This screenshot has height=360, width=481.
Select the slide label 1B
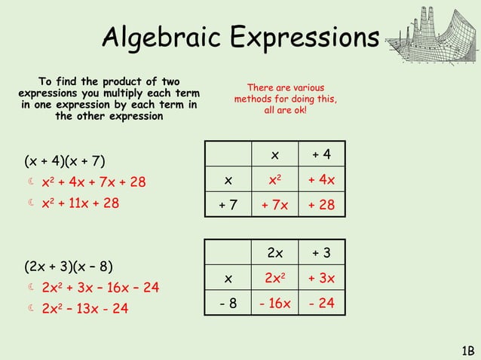tap(467, 349)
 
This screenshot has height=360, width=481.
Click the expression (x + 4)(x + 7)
tap(65, 160)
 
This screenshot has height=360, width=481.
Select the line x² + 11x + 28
tap(80, 203)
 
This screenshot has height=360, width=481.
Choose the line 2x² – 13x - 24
tap(85, 308)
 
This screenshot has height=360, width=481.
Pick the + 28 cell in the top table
tap(322, 205)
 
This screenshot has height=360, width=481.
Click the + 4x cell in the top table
tap(322, 180)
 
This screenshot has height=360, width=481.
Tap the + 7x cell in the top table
tap(274, 205)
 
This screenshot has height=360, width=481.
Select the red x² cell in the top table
tap(274, 180)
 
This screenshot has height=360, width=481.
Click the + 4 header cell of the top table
tap(322, 155)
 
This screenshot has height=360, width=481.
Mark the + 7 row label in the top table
tap(228, 205)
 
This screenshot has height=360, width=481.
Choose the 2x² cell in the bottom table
tap(274, 279)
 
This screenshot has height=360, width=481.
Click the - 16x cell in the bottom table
tap(274, 304)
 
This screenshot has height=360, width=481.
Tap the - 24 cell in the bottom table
tap(322, 304)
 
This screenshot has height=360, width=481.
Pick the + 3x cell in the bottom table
tap(322, 279)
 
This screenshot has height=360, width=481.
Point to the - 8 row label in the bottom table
tap(228, 304)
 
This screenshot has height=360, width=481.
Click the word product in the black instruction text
tap(131, 81)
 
